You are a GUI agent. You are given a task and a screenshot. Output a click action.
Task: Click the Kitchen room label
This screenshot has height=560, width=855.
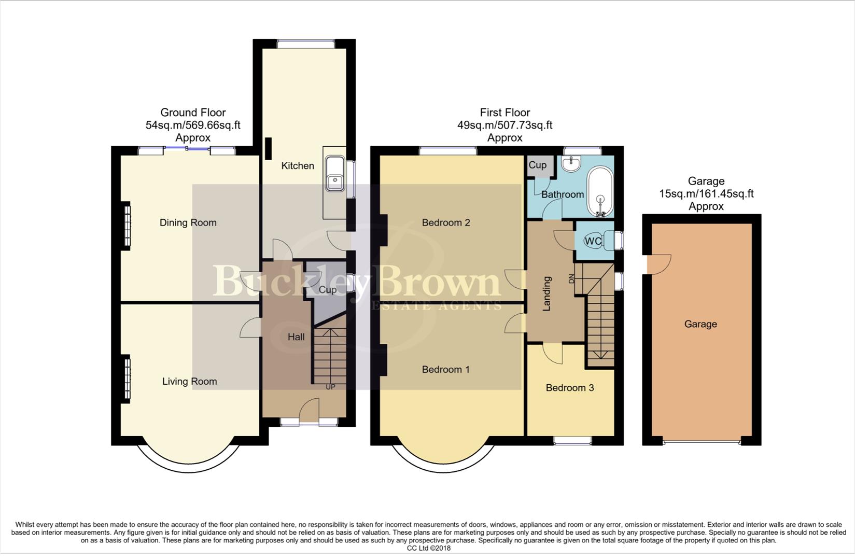pos(298,166)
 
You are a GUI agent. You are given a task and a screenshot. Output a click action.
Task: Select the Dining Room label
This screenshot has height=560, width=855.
pos(188,223)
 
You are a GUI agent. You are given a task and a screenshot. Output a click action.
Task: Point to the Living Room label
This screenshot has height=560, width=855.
pos(189,382)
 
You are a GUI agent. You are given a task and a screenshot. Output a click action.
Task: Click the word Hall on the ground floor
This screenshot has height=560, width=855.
pos(296,337)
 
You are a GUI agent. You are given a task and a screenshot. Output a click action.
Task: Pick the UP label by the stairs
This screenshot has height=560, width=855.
pos(330,387)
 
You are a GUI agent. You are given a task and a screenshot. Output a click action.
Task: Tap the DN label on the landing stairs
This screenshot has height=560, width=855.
pos(572,278)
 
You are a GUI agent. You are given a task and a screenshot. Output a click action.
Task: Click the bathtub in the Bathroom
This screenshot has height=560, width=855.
pos(600,192)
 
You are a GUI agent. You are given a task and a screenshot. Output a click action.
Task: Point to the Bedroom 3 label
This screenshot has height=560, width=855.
pos(570,388)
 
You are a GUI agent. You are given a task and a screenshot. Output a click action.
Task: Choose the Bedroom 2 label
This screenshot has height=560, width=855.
pos(446,223)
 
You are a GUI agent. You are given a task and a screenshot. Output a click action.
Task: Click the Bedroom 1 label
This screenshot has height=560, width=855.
pos(446,370)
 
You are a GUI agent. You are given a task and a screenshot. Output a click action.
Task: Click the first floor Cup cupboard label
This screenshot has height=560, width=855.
pos(538,165)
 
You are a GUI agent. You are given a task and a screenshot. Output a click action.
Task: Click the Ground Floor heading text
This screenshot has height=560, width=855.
pos(193,113)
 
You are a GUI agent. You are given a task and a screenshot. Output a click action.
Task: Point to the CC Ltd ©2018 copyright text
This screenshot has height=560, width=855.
pos(428,548)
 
